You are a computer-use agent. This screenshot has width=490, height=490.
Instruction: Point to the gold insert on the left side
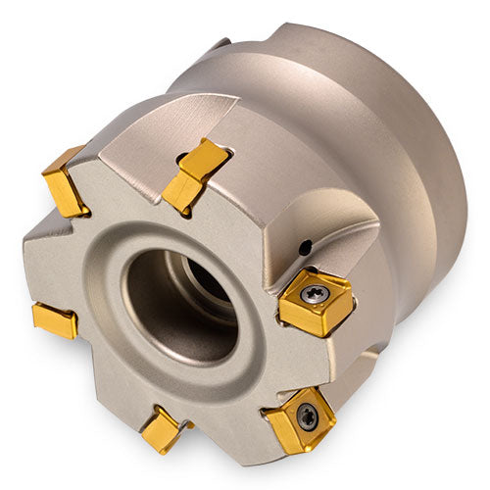[x=54, y=320]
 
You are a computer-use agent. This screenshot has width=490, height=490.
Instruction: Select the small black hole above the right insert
[x=305, y=248]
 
